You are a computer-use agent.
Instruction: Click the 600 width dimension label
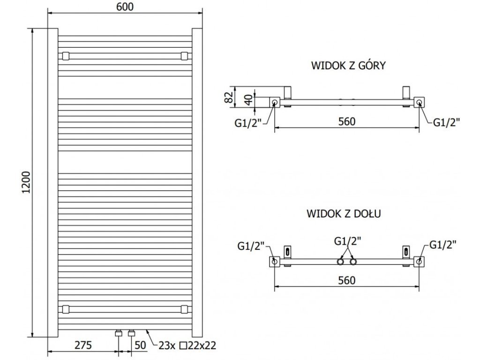click(x=125, y=7)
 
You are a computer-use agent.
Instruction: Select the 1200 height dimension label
click(x=27, y=182)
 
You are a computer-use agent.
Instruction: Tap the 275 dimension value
click(x=83, y=345)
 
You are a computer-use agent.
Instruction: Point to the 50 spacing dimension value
click(x=140, y=345)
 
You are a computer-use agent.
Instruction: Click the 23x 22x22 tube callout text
click(x=187, y=345)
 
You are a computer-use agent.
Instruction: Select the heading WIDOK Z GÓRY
click(x=348, y=66)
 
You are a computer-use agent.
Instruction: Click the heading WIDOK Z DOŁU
click(x=344, y=213)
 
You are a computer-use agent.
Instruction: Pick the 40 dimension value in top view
click(x=248, y=100)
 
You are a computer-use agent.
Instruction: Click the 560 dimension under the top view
click(x=347, y=121)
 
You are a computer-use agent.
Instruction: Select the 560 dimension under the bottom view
click(x=347, y=280)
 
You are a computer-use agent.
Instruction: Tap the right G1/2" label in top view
click(x=447, y=122)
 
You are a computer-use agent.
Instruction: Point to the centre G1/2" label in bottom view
click(x=347, y=241)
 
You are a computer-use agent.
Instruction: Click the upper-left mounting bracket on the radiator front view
click(x=66, y=56)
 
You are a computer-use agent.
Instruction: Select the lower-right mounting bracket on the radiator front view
click(x=184, y=309)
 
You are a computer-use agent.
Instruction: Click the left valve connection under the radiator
click(x=118, y=333)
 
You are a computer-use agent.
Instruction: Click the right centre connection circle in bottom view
click(x=353, y=262)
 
